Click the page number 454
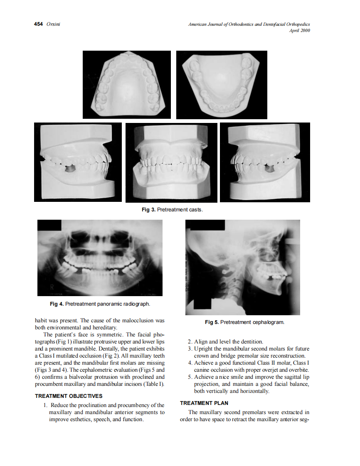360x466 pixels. pos(39,25)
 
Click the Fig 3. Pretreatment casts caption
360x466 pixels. pos(172,209)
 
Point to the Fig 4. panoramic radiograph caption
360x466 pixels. pos(100,304)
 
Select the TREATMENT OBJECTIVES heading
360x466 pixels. pos(69,396)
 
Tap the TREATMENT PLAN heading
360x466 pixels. pos(204,403)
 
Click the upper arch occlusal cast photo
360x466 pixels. pos(127,84)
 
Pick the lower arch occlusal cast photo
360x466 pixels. pos(222,85)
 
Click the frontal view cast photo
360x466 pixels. pos(171,162)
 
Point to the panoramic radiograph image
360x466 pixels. pos(100,258)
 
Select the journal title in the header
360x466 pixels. pos(249,25)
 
